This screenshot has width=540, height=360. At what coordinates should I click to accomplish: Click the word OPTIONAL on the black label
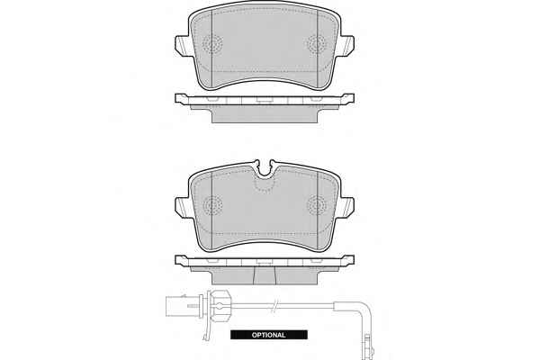click(268, 335)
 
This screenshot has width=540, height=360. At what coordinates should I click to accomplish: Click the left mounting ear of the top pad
click(182, 45)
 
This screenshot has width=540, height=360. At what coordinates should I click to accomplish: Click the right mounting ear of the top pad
click(347, 45)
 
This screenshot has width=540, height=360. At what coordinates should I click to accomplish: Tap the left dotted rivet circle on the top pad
click(212, 44)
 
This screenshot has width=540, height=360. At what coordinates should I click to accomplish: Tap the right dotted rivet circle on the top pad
click(317, 44)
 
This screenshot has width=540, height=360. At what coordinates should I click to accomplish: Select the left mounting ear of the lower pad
click(182, 206)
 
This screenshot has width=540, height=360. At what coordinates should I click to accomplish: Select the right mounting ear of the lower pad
click(347, 206)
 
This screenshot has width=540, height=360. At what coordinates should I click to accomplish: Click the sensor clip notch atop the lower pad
click(264, 169)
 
